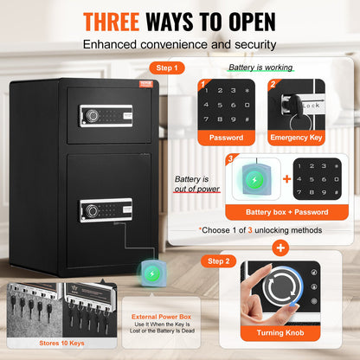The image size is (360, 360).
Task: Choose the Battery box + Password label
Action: point(277,212)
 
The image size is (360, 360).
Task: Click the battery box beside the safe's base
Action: point(150,274)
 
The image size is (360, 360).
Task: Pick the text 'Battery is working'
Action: point(259,67)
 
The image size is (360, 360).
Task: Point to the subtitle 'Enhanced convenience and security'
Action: point(179,42)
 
